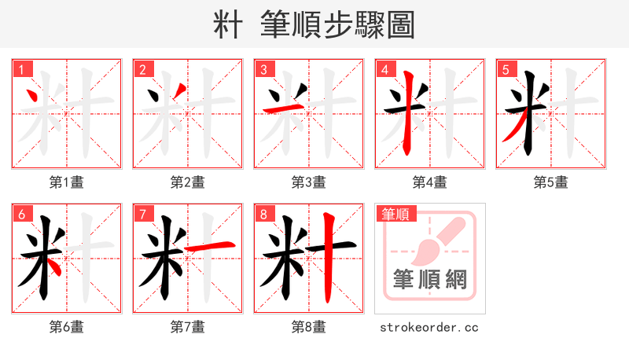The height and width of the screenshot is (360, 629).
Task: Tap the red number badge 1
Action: point(21,69)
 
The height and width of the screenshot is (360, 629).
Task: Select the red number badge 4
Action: point(384,69)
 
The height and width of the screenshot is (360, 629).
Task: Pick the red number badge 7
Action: point(142,214)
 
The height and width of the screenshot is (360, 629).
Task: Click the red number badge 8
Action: point(263,214)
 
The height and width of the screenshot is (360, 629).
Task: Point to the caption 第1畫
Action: point(67,182)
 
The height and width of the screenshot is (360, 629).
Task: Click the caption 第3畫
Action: point(309,182)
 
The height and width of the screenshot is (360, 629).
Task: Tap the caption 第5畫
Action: point(551,182)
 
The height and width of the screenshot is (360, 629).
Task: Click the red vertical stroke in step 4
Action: point(408,114)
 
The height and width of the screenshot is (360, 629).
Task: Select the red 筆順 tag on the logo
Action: point(395,214)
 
